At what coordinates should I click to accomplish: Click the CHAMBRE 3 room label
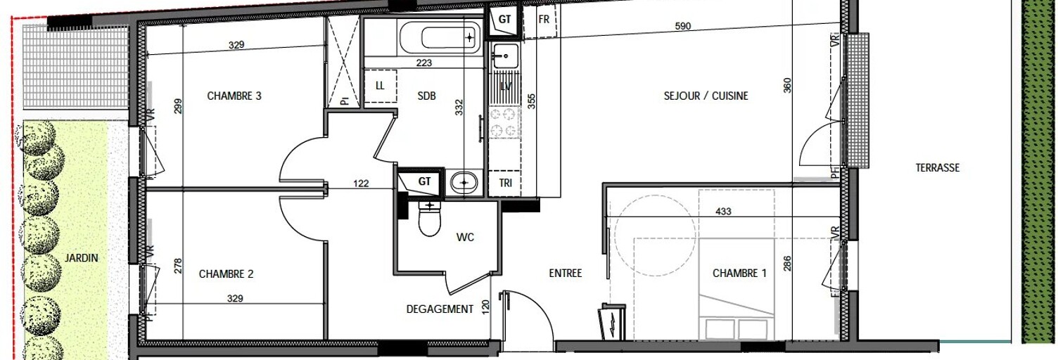pyautogui.click(x=234, y=96)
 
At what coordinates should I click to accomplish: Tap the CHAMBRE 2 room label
pyautogui.click(x=226, y=274)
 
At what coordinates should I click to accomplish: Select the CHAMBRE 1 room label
pyautogui.click(x=739, y=273)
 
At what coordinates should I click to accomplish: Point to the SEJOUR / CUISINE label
pyautogui.click(x=706, y=96)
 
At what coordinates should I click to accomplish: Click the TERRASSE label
pyautogui.click(x=937, y=168)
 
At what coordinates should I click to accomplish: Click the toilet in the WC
pyautogui.click(x=428, y=219)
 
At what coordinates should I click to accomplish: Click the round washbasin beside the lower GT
pyautogui.click(x=463, y=182)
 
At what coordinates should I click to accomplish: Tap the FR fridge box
pyautogui.click(x=544, y=20)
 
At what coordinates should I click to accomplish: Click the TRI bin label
pyautogui.click(x=506, y=183)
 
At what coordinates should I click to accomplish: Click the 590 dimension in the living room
pyautogui.click(x=682, y=27)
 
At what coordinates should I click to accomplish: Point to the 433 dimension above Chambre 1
pyautogui.click(x=722, y=210)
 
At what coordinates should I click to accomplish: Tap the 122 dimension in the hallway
pyautogui.click(x=361, y=184)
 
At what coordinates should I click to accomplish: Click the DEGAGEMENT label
pyautogui.click(x=440, y=309)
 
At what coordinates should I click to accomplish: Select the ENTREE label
pyautogui.click(x=566, y=273)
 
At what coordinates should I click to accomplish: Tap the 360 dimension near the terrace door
pyautogui.click(x=786, y=85)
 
